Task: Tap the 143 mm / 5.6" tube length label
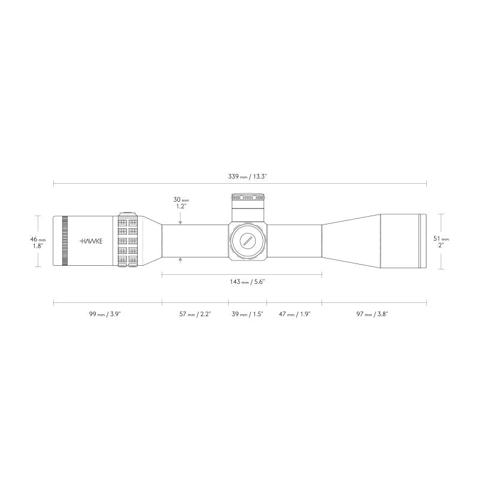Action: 242,281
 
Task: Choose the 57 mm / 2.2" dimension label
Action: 195,314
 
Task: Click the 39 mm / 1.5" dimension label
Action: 247,314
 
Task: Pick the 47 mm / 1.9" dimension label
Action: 294,314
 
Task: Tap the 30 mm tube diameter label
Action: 181,202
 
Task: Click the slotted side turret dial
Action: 247,241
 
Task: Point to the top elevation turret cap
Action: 247,197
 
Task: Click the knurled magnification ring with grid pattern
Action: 127,240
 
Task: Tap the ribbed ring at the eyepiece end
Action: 65,240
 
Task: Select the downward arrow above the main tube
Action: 181,222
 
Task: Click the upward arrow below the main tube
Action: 181,260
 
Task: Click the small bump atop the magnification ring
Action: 127,213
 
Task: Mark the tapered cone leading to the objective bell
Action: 350,241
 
